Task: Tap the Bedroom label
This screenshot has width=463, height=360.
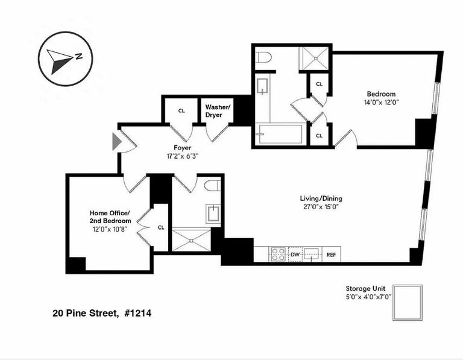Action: (x=381, y=94)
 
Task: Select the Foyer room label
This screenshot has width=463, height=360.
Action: (x=182, y=147)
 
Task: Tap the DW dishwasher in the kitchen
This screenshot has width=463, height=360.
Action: (x=295, y=254)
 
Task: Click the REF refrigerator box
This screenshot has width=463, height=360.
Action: (x=331, y=254)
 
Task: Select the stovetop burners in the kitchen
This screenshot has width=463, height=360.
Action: (x=277, y=254)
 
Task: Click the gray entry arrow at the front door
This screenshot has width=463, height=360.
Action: (x=116, y=142)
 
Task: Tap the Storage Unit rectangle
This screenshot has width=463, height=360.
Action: (x=408, y=303)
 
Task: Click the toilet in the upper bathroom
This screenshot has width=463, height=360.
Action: (x=263, y=57)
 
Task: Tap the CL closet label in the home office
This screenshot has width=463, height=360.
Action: (x=161, y=227)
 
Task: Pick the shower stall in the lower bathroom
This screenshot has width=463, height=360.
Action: (x=191, y=239)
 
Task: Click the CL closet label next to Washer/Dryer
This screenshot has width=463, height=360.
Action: (x=181, y=110)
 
